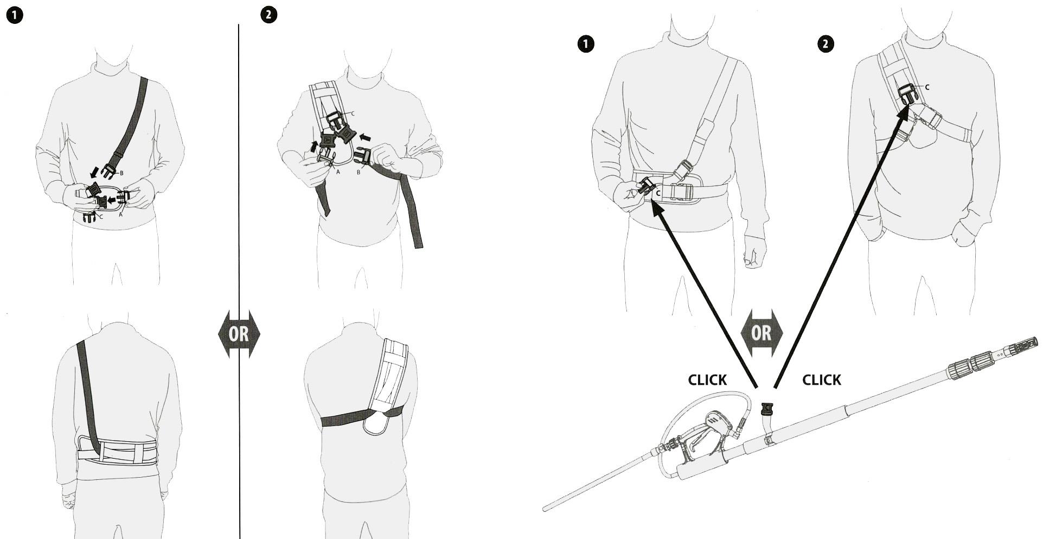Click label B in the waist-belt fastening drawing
click(x=121, y=173)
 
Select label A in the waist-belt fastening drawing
click(x=121, y=214)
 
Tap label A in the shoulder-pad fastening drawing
click(x=338, y=172)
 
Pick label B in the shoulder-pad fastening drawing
click(x=359, y=173)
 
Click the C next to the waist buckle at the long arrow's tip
click(x=658, y=193)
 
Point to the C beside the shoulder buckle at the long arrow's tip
click(x=927, y=87)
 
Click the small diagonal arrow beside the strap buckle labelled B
click(x=94, y=172)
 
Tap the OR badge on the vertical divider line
click(x=239, y=333)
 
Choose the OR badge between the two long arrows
click(x=762, y=333)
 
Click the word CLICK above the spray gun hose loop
click(x=707, y=380)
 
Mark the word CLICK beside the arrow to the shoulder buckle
click(x=822, y=380)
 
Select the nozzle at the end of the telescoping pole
click(x=1024, y=344)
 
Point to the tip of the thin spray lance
click(x=545, y=509)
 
